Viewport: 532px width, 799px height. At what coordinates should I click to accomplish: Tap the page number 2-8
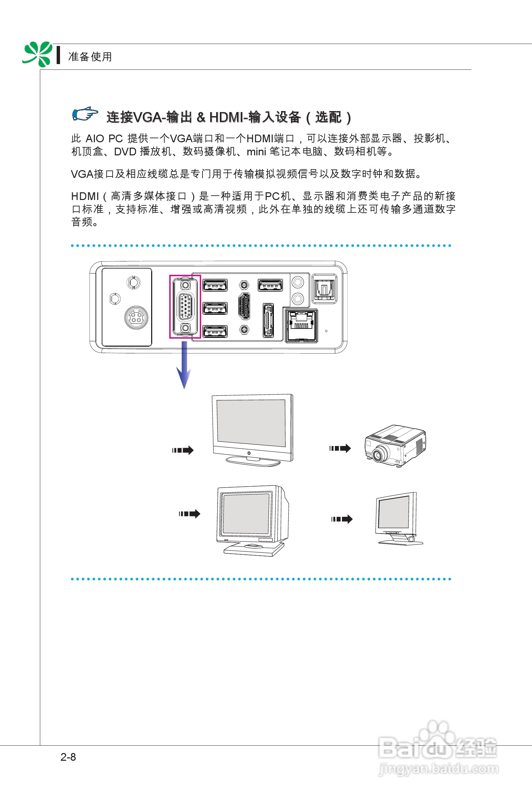[68, 757]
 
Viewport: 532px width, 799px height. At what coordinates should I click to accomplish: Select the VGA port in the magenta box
[185, 307]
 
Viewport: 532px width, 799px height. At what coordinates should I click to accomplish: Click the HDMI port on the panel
[244, 306]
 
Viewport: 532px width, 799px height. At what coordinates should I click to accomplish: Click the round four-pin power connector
[136, 318]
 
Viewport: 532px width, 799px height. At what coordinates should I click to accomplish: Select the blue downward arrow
[184, 365]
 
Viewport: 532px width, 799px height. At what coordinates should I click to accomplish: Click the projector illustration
[395, 446]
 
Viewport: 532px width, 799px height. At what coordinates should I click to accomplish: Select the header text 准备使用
[90, 57]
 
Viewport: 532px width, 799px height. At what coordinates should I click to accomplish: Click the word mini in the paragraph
[256, 152]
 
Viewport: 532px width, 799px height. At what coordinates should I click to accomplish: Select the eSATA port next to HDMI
[268, 320]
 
